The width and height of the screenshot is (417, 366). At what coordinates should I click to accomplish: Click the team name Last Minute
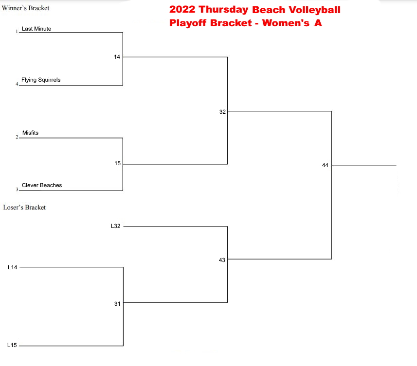(x=36, y=29)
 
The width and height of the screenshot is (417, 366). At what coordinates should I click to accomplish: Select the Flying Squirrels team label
(x=41, y=80)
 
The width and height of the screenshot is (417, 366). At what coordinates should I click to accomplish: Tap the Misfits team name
(x=30, y=133)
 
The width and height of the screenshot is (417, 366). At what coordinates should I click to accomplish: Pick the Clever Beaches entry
(x=42, y=185)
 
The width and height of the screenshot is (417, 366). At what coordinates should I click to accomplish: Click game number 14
(x=117, y=57)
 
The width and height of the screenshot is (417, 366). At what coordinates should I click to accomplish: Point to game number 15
(x=118, y=163)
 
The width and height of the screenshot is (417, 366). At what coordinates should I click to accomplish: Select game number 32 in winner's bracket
(x=222, y=112)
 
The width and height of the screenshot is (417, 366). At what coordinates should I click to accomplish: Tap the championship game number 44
(x=325, y=165)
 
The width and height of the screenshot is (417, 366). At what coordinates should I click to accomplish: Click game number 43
(x=222, y=260)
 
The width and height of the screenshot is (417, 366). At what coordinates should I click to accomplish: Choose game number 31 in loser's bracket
(x=117, y=304)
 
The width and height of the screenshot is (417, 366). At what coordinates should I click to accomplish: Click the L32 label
(x=116, y=226)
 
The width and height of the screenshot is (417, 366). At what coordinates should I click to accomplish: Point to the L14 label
(x=13, y=267)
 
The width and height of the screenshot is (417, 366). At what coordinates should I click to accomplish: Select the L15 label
(x=12, y=345)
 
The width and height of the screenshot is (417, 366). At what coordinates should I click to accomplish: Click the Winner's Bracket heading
(x=25, y=8)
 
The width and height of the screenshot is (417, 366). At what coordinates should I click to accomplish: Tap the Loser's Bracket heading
(x=24, y=208)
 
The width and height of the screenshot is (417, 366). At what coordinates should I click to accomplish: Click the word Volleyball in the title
(x=315, y=10)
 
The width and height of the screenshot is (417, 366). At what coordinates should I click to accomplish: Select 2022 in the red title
(x=182, y=9)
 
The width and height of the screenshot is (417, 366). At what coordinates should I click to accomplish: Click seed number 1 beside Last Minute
(x=17, y=31)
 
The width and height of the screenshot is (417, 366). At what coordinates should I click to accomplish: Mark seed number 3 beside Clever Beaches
(x=17, y=190)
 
